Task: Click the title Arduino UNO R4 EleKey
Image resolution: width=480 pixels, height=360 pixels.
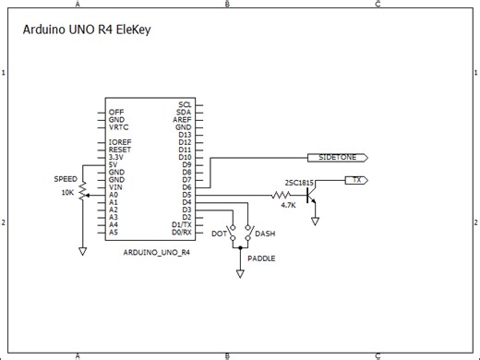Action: point(86,30)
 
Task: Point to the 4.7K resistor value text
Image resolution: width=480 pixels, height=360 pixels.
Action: point(287,205)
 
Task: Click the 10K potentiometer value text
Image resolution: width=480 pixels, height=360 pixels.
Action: point(67,193)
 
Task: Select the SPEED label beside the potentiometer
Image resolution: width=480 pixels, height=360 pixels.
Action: point(66,179)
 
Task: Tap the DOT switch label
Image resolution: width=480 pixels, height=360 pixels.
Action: point(219,234)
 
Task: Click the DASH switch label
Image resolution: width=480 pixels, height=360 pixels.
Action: point(265,234)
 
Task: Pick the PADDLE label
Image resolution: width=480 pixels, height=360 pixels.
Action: point(261,258)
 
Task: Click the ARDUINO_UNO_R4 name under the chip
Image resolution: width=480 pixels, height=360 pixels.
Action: point(156,251)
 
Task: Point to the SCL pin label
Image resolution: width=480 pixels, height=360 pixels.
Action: point(185,104)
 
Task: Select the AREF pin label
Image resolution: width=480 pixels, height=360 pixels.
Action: point(182,119)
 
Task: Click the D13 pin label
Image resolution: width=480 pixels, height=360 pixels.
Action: point(185,134)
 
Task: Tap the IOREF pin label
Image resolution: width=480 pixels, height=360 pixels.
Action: point(119,142)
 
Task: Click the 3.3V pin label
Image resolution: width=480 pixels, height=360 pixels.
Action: point(116,157)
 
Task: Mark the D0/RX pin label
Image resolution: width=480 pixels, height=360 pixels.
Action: point(181,233)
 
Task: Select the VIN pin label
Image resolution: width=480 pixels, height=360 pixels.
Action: point(114,187)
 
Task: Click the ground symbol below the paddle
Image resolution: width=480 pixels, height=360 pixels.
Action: point(241,274)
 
